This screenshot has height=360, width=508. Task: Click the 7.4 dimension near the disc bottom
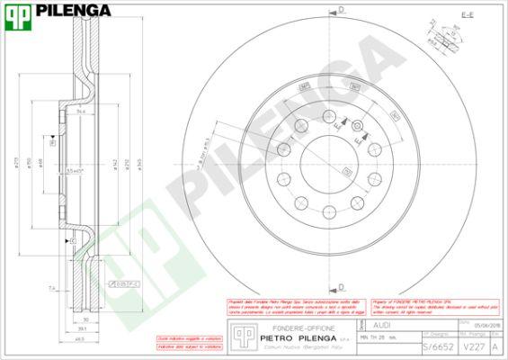[x=52, y=288]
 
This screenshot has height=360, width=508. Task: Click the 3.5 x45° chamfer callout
[x=76, y=170]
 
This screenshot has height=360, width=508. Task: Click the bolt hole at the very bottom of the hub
[x=331, y=218]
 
